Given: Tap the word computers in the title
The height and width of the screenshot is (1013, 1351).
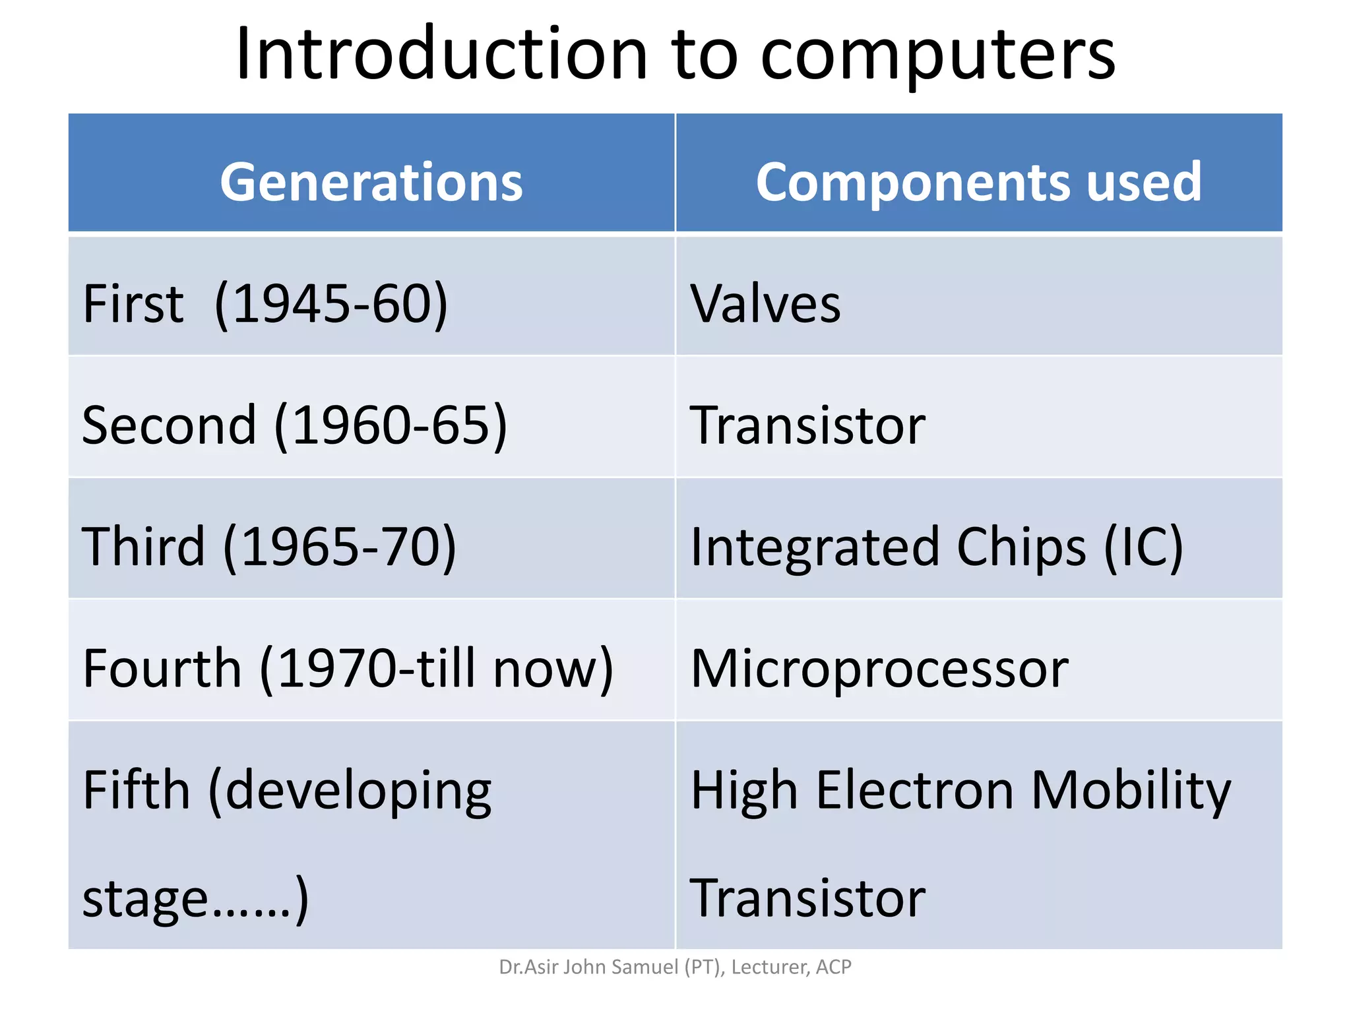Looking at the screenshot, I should click(x=937, y=55).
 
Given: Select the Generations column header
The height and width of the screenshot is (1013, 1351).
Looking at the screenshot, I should click(x=371, y=182).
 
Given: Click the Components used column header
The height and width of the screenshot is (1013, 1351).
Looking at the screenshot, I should click(x=978, y=182).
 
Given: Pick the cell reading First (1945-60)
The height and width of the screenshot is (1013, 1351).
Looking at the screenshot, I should click(x=265, y=303).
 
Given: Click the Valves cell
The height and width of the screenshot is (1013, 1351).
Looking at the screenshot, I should click(x=765, y=303).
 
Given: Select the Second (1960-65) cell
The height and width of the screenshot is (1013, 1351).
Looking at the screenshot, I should click(x=294, y=425).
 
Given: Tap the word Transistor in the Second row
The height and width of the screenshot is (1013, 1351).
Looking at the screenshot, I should click(x=807, y=425).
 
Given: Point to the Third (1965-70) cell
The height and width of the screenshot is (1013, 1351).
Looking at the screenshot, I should click(x=268, y=546).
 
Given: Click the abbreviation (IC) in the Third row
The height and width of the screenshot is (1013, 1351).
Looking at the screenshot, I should click(x=1143, y=546).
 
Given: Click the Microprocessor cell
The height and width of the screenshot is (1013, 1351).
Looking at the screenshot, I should click(x=879, y=668).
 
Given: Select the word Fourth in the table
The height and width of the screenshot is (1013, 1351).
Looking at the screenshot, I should click(x=162, y=668).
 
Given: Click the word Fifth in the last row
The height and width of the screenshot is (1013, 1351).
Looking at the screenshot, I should click(x=136, y=789).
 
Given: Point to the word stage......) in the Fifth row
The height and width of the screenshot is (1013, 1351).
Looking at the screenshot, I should click(x=195, y=898).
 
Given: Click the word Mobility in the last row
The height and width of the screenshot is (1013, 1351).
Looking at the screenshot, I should click(x=1130, y=789).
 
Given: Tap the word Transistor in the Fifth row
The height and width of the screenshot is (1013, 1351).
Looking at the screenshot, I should click(x=807, y=898).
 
